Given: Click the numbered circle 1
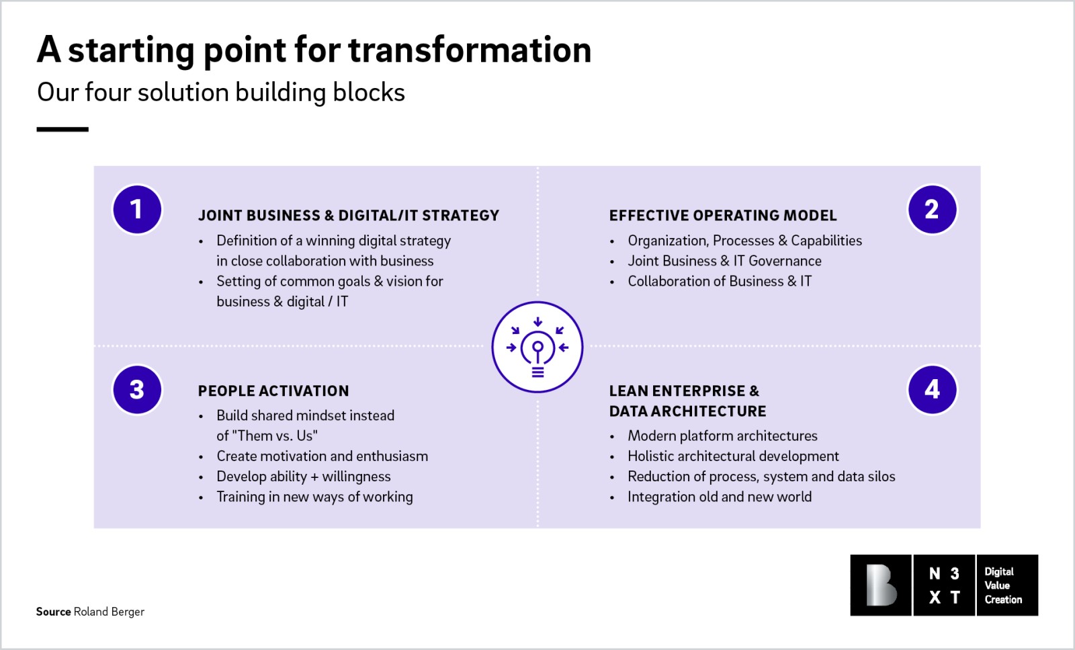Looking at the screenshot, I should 137,210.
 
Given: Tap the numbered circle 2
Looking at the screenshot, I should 932,210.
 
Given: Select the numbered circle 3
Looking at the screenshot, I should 137,390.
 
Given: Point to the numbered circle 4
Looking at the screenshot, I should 932,390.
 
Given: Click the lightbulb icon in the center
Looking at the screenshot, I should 537,347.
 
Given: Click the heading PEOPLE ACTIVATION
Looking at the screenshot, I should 273,391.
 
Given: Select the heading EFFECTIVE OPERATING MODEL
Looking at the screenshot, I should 723,216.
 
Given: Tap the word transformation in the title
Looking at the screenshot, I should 470,50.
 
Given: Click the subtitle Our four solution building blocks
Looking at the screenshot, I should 221,93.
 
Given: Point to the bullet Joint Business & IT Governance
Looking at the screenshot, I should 724,261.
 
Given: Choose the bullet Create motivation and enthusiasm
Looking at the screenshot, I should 322,456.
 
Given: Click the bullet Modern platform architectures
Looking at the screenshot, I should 722,436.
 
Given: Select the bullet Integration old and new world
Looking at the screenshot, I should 719,497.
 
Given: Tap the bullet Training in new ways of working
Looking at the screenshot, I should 314,497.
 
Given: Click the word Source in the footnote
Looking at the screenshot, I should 53,612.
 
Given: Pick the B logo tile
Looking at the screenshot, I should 881,585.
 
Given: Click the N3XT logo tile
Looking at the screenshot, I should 944,585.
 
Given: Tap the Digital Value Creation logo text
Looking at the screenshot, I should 1006,585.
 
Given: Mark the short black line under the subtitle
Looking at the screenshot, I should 62,129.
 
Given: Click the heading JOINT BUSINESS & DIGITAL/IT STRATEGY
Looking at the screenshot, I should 348,216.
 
